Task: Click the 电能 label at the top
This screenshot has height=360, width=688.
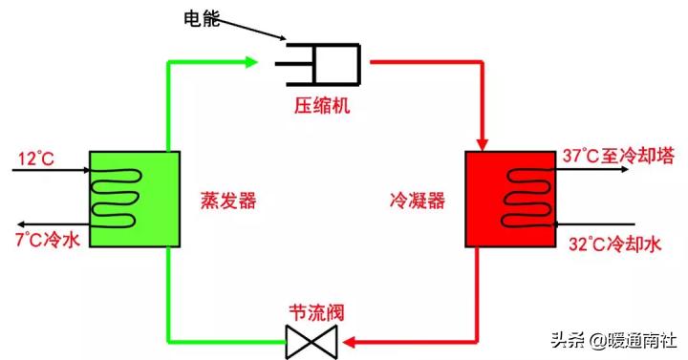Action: [201, 18]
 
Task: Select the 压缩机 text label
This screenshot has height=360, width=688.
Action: [321, 105]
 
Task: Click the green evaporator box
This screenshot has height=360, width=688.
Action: [135, 197]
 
